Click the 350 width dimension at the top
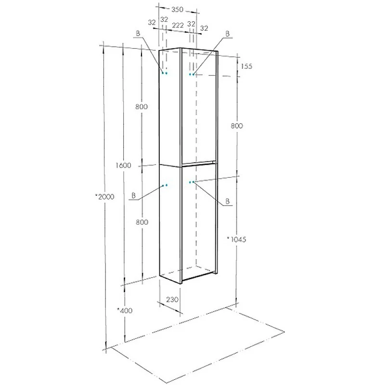tap(177, 10)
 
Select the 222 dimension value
tap(178, 26)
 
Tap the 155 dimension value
tap(246, 66)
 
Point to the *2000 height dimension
tap(105, 197)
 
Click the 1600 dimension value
tap(123, 165)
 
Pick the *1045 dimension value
tap(236, 239)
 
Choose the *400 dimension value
tap(125, 310)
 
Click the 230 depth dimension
tap(172, 299)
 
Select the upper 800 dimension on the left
tap(141, 106)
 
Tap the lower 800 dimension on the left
tap(142, 222)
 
